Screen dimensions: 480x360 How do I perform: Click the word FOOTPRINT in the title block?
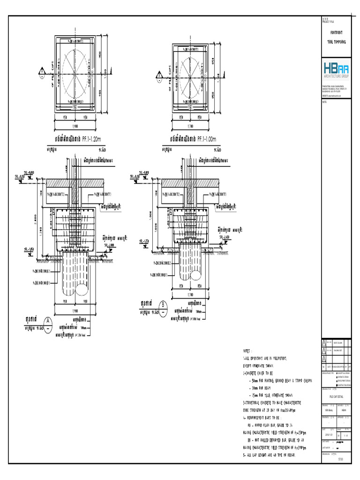coord(337,32)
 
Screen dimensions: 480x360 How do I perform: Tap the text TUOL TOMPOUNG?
coord(337,42)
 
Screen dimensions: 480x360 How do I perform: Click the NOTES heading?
coord(247,350)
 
